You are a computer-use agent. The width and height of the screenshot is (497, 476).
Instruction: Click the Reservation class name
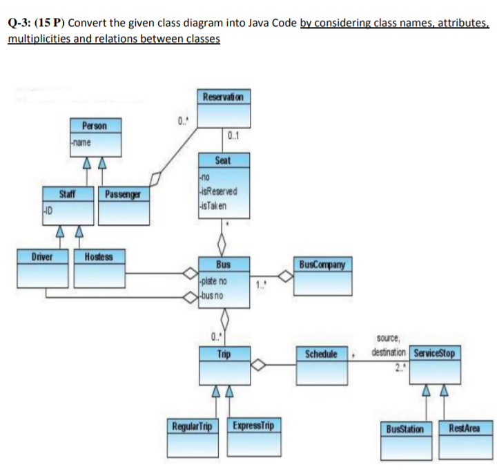223,95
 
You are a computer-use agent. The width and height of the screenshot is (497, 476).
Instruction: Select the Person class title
94,126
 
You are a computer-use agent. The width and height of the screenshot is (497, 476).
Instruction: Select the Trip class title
223,354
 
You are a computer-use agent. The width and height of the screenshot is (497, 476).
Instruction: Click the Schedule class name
321,354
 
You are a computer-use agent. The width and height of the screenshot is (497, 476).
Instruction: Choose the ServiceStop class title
433,354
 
